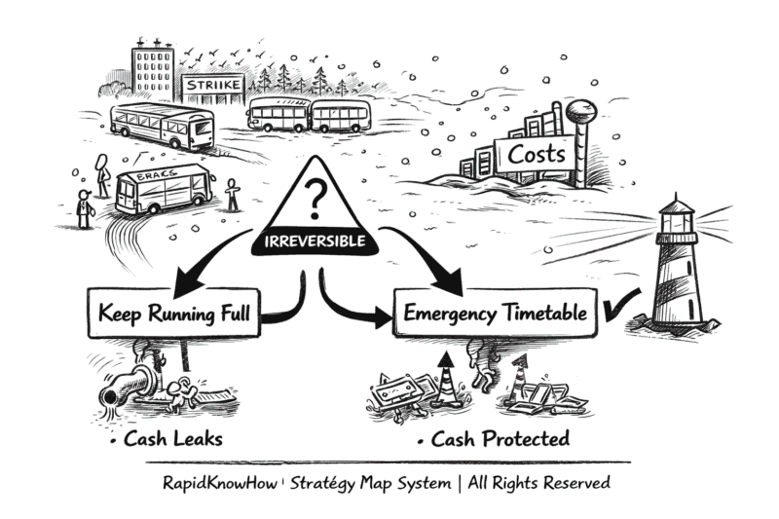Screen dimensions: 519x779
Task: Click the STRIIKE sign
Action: click(x=212, y=88)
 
